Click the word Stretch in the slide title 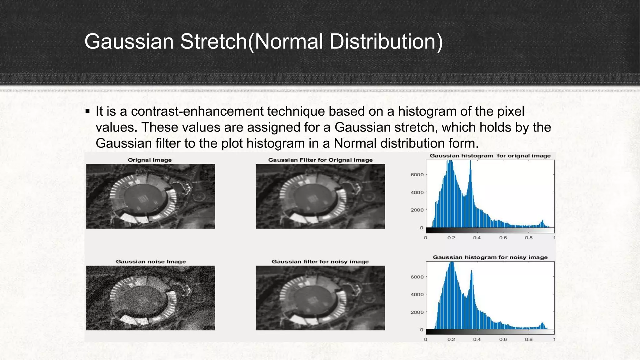tap(214, 42)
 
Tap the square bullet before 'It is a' tap(87, 111)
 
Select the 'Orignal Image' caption tap(150, 160)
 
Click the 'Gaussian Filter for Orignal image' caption tap(320, 160)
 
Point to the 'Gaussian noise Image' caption tap(151, 262)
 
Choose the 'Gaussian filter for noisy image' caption tap(320, 262)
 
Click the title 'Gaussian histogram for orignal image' tap(490, 156)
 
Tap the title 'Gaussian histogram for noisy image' tap(490, 257)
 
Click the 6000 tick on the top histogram tap(417, 175)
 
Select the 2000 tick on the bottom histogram tap(417, 312)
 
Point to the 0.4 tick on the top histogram tap(477, 238)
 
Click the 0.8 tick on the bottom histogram tap(529, 339)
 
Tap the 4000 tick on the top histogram tap(417, 192)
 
